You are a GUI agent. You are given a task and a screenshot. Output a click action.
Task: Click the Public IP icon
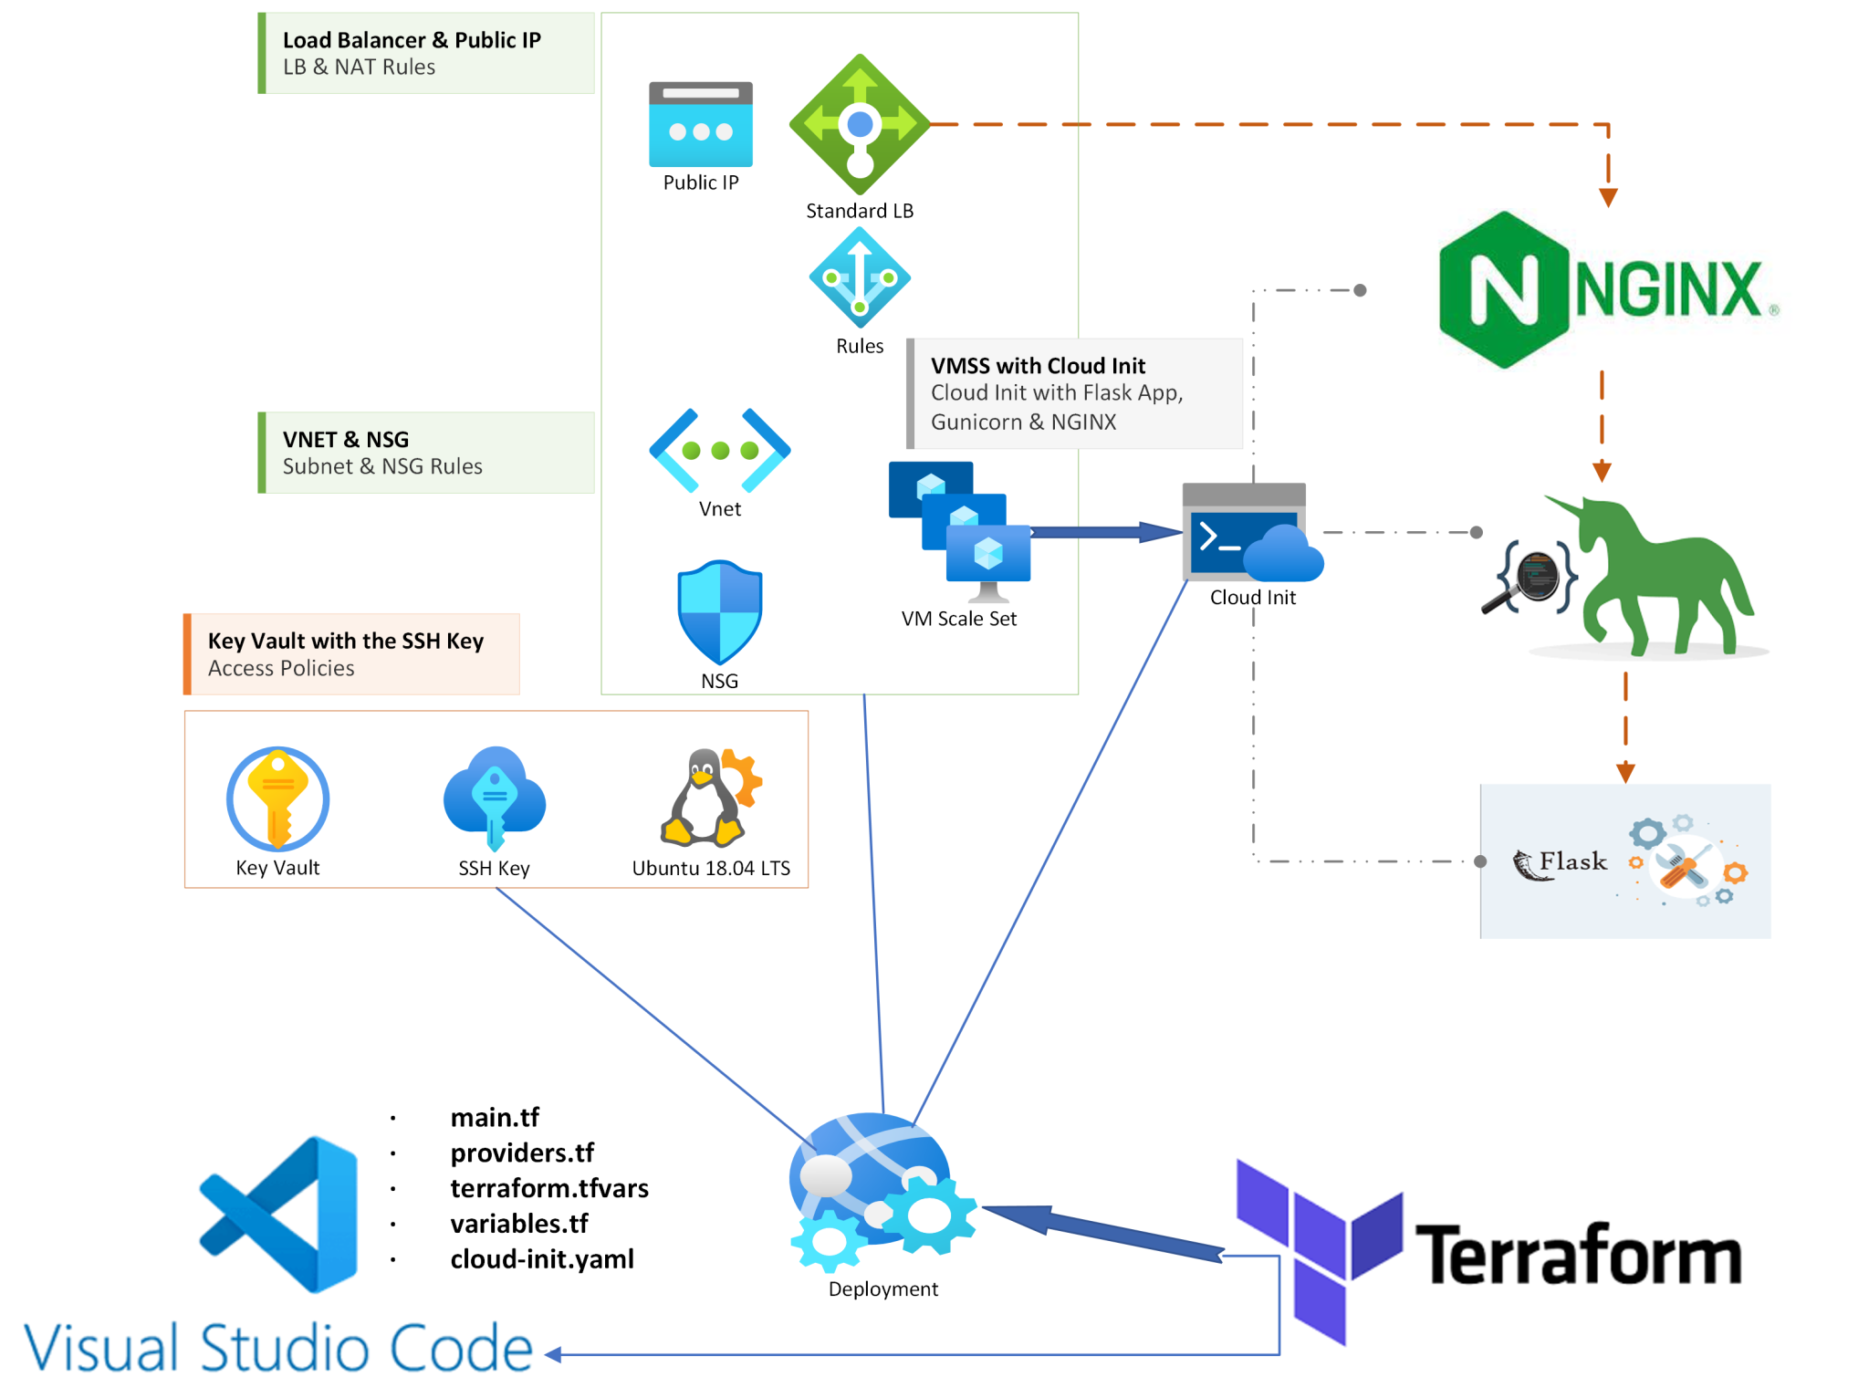click(700, 124)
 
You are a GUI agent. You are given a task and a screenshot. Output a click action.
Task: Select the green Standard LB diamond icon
click(859, 124)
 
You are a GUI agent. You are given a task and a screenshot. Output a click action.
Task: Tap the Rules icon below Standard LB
click(859, 277)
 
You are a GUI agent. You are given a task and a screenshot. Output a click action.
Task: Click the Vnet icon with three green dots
click(719, 450)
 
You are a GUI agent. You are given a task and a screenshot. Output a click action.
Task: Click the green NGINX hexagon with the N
click(1503, 290)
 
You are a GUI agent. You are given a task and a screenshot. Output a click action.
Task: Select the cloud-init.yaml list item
click(541, 1259)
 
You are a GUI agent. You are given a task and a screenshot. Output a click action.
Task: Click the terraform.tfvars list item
click(548, 1188)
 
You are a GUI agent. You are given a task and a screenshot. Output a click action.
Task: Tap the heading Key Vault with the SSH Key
click(345, 641)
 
